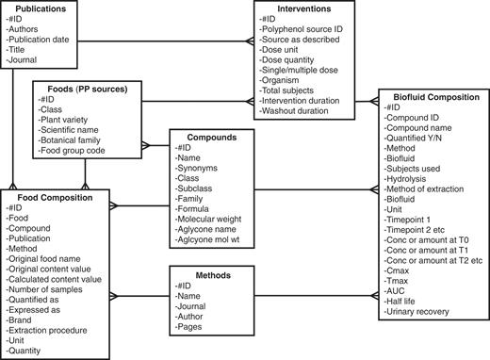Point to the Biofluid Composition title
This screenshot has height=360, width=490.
click(x=430, y=96)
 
